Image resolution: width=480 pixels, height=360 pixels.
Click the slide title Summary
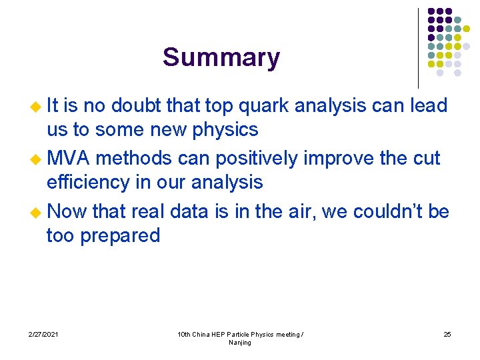pos(221,58)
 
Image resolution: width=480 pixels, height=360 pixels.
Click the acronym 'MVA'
pos(69,159)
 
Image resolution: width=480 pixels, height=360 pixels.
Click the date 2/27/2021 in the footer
pos(43,334)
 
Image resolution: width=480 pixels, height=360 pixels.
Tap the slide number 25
pos(447,334)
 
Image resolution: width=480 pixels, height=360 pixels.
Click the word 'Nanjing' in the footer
pos(240,343)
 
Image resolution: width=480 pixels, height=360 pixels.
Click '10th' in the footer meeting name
pos(185,334)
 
